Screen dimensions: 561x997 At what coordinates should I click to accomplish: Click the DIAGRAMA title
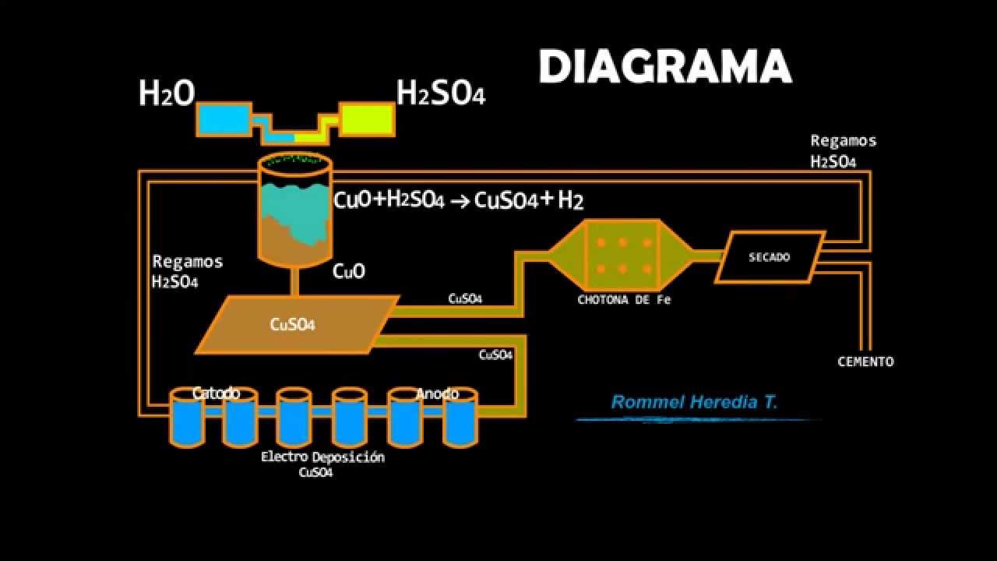[x=664, y=66]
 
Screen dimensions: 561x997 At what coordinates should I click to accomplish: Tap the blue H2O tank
[x=223, y=120]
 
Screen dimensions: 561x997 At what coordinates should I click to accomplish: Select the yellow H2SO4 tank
[x=367, y=120]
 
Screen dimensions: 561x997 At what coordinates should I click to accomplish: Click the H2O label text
[x=166, y=93]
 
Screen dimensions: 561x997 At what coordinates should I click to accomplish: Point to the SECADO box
[x=770, y=256]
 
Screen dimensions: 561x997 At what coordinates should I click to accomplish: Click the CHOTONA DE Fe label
[x=623, y=300]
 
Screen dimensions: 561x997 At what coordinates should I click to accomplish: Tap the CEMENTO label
[x=865, y=362]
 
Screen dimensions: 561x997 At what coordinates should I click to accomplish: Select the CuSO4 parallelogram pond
[x=297, y=324]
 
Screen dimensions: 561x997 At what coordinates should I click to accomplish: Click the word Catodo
[x=216, y=393]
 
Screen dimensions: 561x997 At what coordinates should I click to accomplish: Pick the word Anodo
[x=437, y=393]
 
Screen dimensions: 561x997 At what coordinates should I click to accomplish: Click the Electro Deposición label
[x=322, y=457]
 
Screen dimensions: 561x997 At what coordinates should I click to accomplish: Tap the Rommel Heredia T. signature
[x=694, y=403]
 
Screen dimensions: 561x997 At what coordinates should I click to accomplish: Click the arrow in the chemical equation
[x=460, y=202]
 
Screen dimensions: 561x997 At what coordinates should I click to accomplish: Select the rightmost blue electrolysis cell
[x=460, y=418]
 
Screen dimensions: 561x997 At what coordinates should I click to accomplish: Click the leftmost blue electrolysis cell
[x=187, y=418]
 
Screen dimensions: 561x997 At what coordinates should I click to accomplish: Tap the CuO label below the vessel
[x=348, y=271]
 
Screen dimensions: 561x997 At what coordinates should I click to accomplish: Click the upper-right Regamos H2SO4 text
[x=843, y=151]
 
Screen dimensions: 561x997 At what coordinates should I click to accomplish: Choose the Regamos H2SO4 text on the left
[x=187, y=271]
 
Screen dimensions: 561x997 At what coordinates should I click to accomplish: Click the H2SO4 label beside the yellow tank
[x=441, y=93]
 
